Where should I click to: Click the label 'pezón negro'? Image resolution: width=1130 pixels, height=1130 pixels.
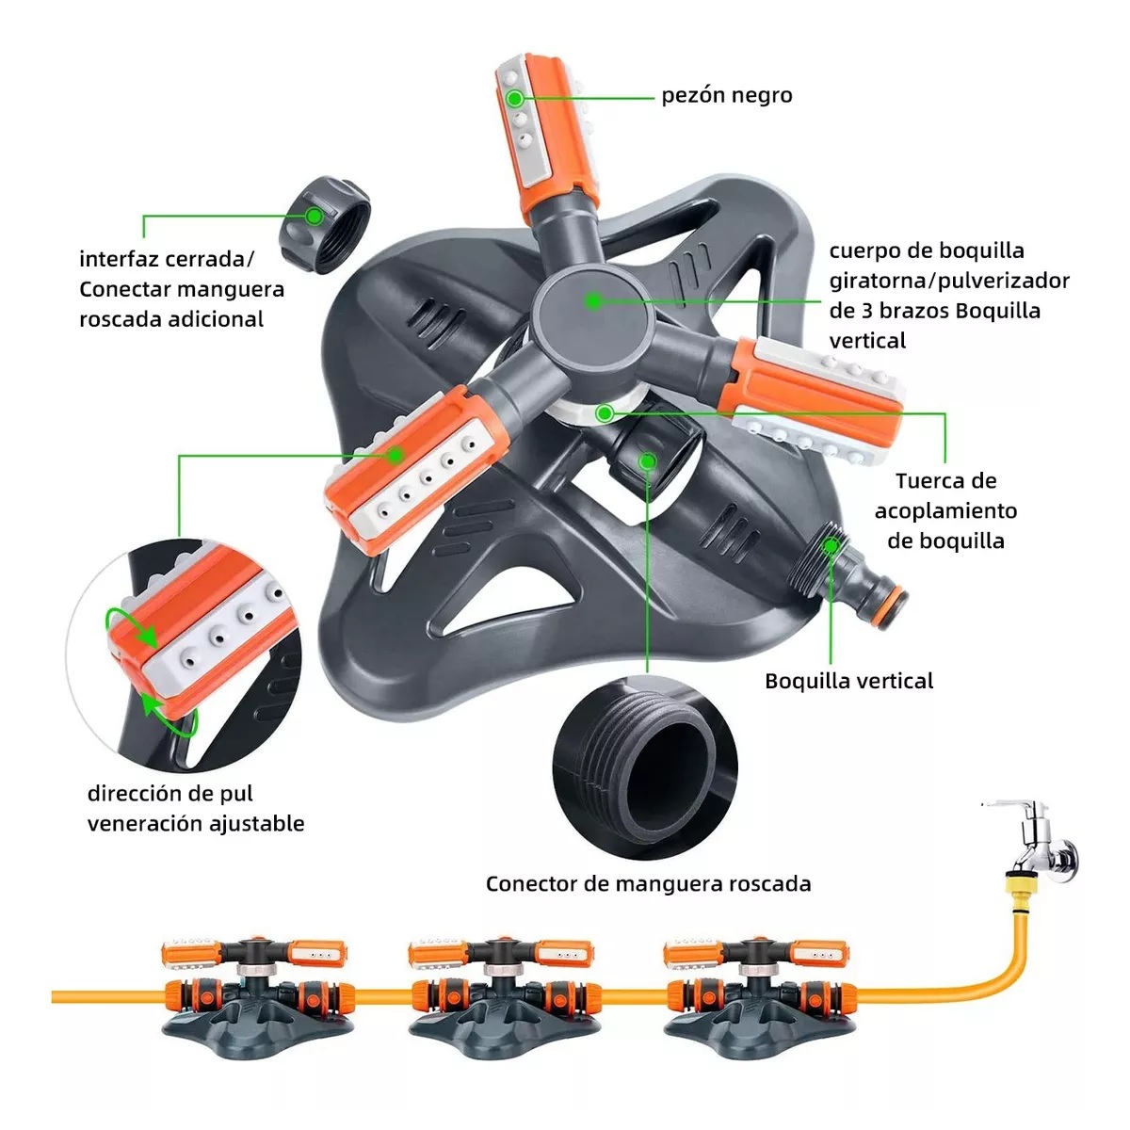[726, 95]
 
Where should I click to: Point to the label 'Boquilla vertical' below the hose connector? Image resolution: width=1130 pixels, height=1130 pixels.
[848, 681]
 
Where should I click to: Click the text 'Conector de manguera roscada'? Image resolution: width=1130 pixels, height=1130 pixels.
[648, 883]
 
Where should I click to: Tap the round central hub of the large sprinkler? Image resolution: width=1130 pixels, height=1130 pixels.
[592, 302]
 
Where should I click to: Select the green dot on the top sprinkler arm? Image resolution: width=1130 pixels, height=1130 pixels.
[515, 98]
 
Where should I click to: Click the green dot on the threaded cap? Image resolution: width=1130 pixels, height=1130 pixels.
[315, 216]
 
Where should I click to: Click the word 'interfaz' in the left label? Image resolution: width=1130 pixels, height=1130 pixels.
[119, 259]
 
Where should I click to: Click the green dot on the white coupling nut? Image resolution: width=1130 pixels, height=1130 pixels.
[605, 412]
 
